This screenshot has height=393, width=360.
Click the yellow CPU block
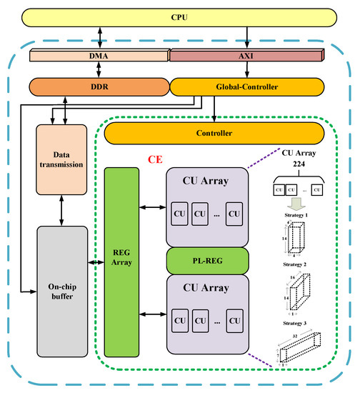(179, 16)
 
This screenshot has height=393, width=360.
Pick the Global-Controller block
(247, 86)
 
